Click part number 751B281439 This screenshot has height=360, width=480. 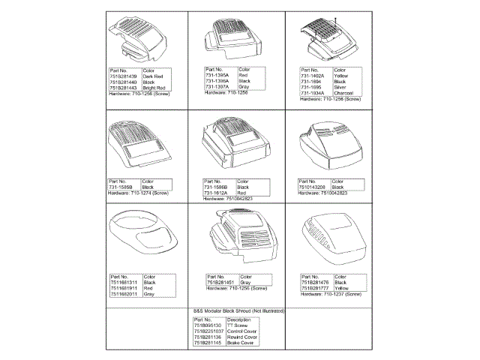click(x=122, y=76)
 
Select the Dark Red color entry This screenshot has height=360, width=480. click(x=155, y=76)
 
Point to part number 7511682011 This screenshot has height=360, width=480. click(x=123, y=292)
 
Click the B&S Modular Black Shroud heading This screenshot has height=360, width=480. click(x=238, y=310)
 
